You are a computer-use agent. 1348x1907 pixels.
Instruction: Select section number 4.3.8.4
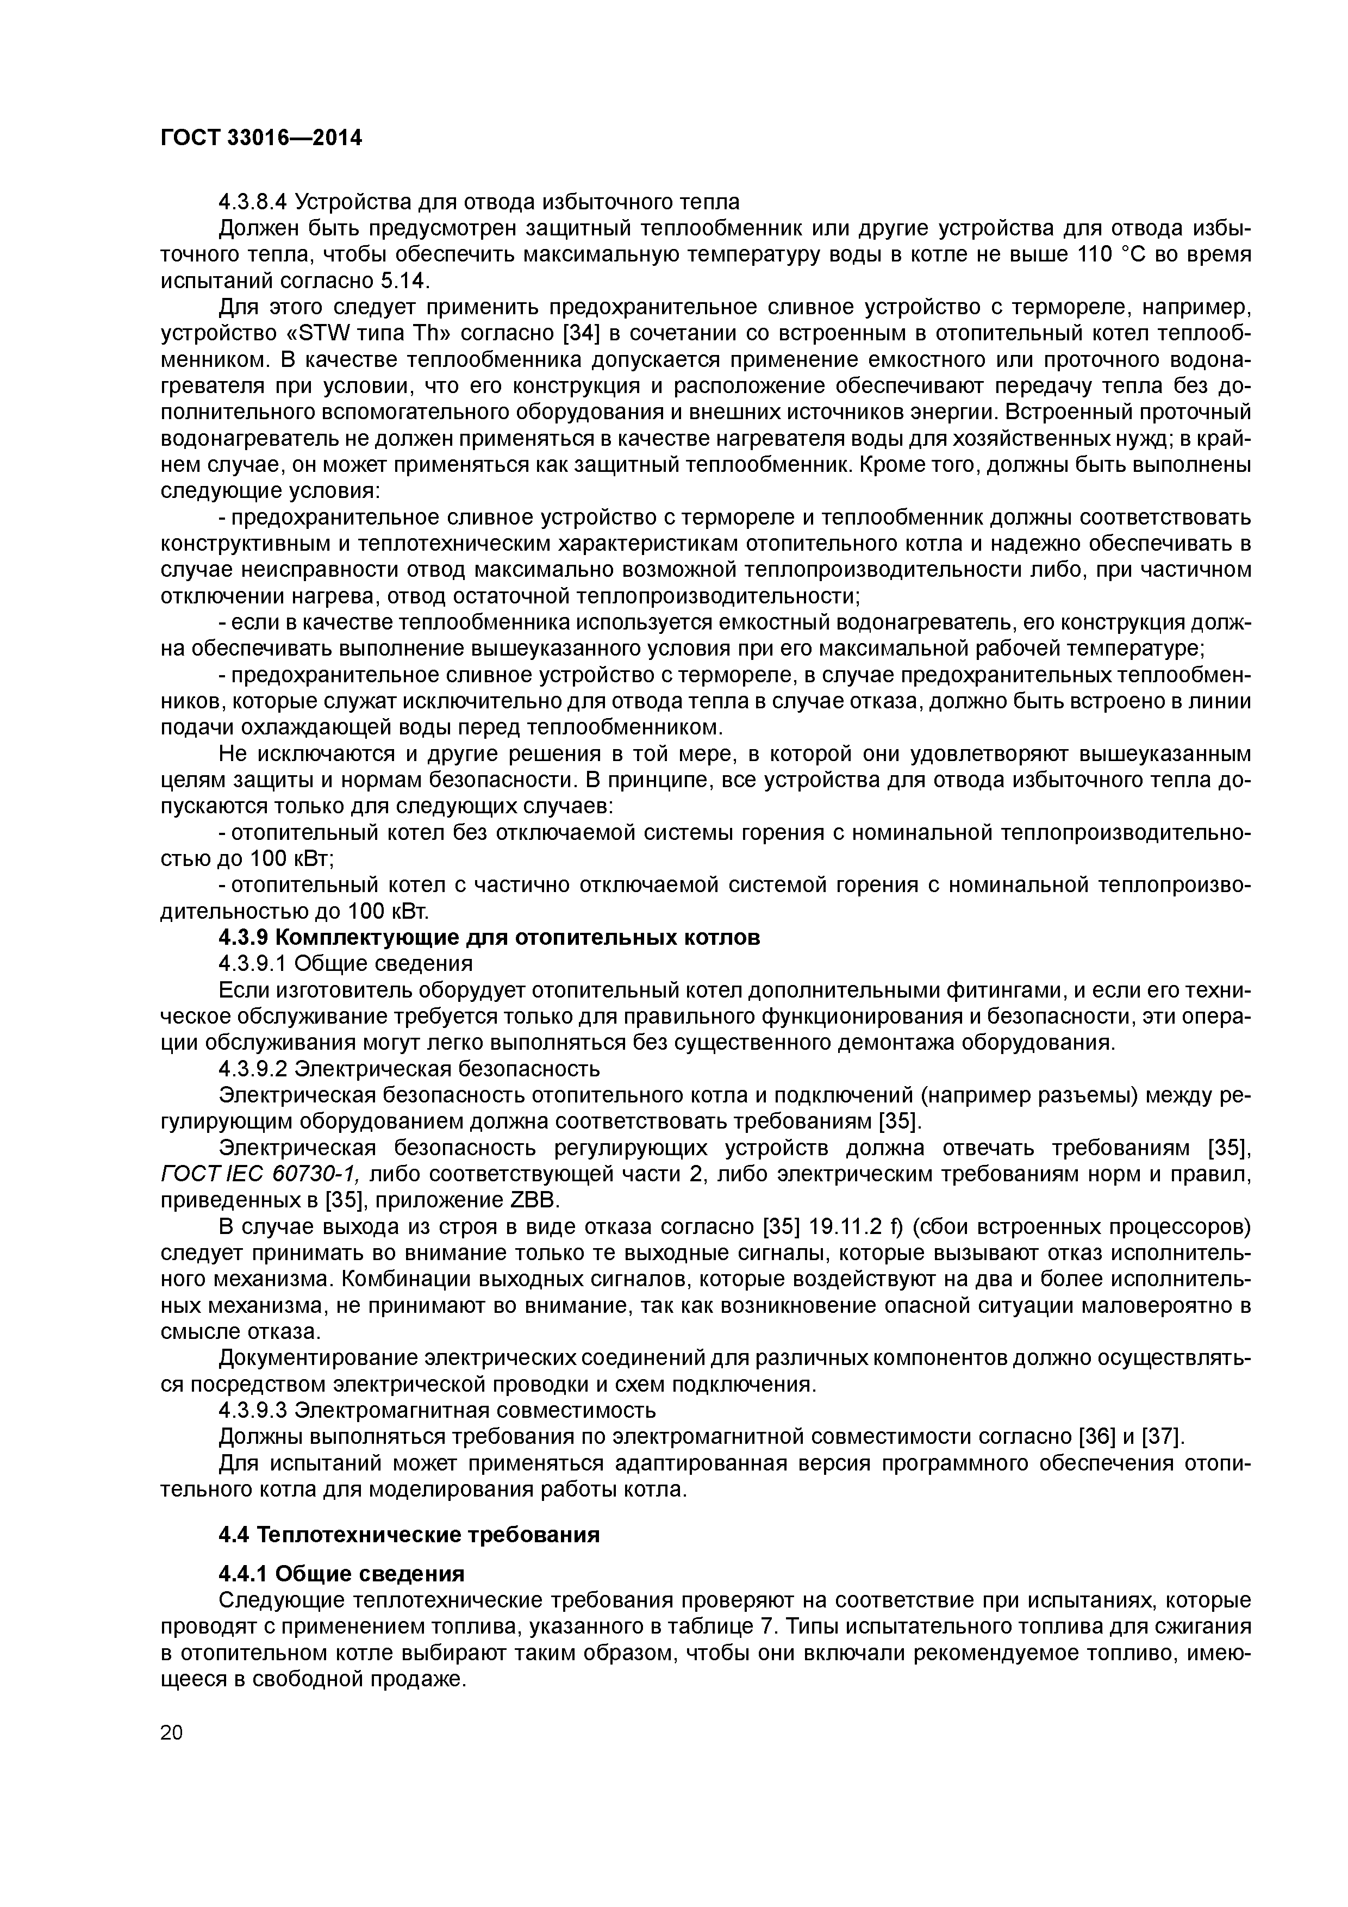[x=253, y=202]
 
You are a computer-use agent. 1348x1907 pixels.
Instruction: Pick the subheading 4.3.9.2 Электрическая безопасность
[x=409, y=1069]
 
